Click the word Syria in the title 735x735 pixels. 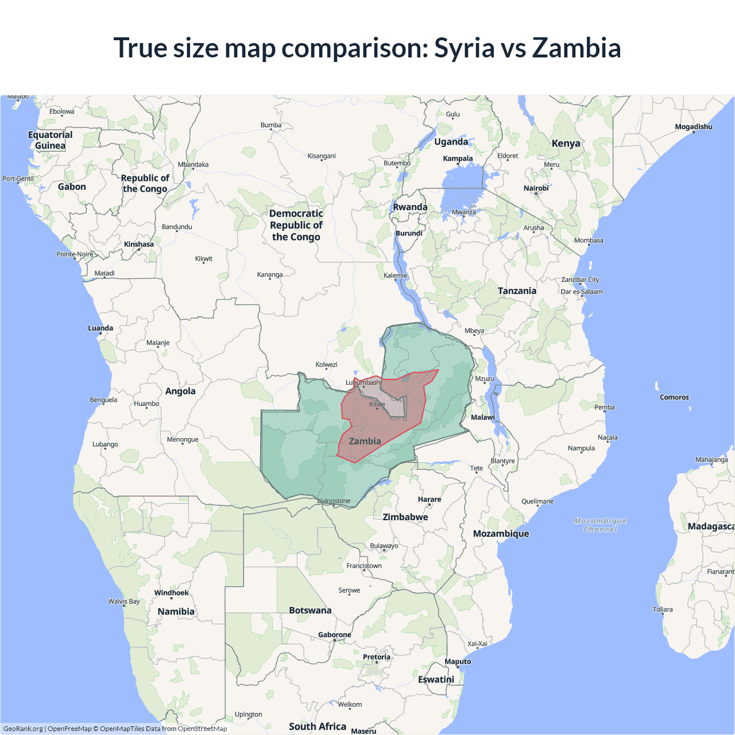465,48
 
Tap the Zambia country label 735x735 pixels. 365,441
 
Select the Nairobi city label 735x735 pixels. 536,188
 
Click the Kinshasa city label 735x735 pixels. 139,244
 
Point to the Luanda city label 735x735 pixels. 100,328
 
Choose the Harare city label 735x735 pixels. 430,500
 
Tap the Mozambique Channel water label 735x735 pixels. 600,525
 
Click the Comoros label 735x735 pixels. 674,397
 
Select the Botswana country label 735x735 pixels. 310,610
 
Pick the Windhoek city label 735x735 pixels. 171,593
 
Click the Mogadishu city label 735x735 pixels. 694,127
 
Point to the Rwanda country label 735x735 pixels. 410,207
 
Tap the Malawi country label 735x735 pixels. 483,417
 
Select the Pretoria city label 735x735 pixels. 377,657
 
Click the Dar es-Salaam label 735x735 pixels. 582,292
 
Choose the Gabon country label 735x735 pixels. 72,187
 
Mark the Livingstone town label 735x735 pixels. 334,501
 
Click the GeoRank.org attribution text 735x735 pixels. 23,729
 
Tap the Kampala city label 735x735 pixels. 458,158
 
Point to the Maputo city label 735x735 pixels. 458,661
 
